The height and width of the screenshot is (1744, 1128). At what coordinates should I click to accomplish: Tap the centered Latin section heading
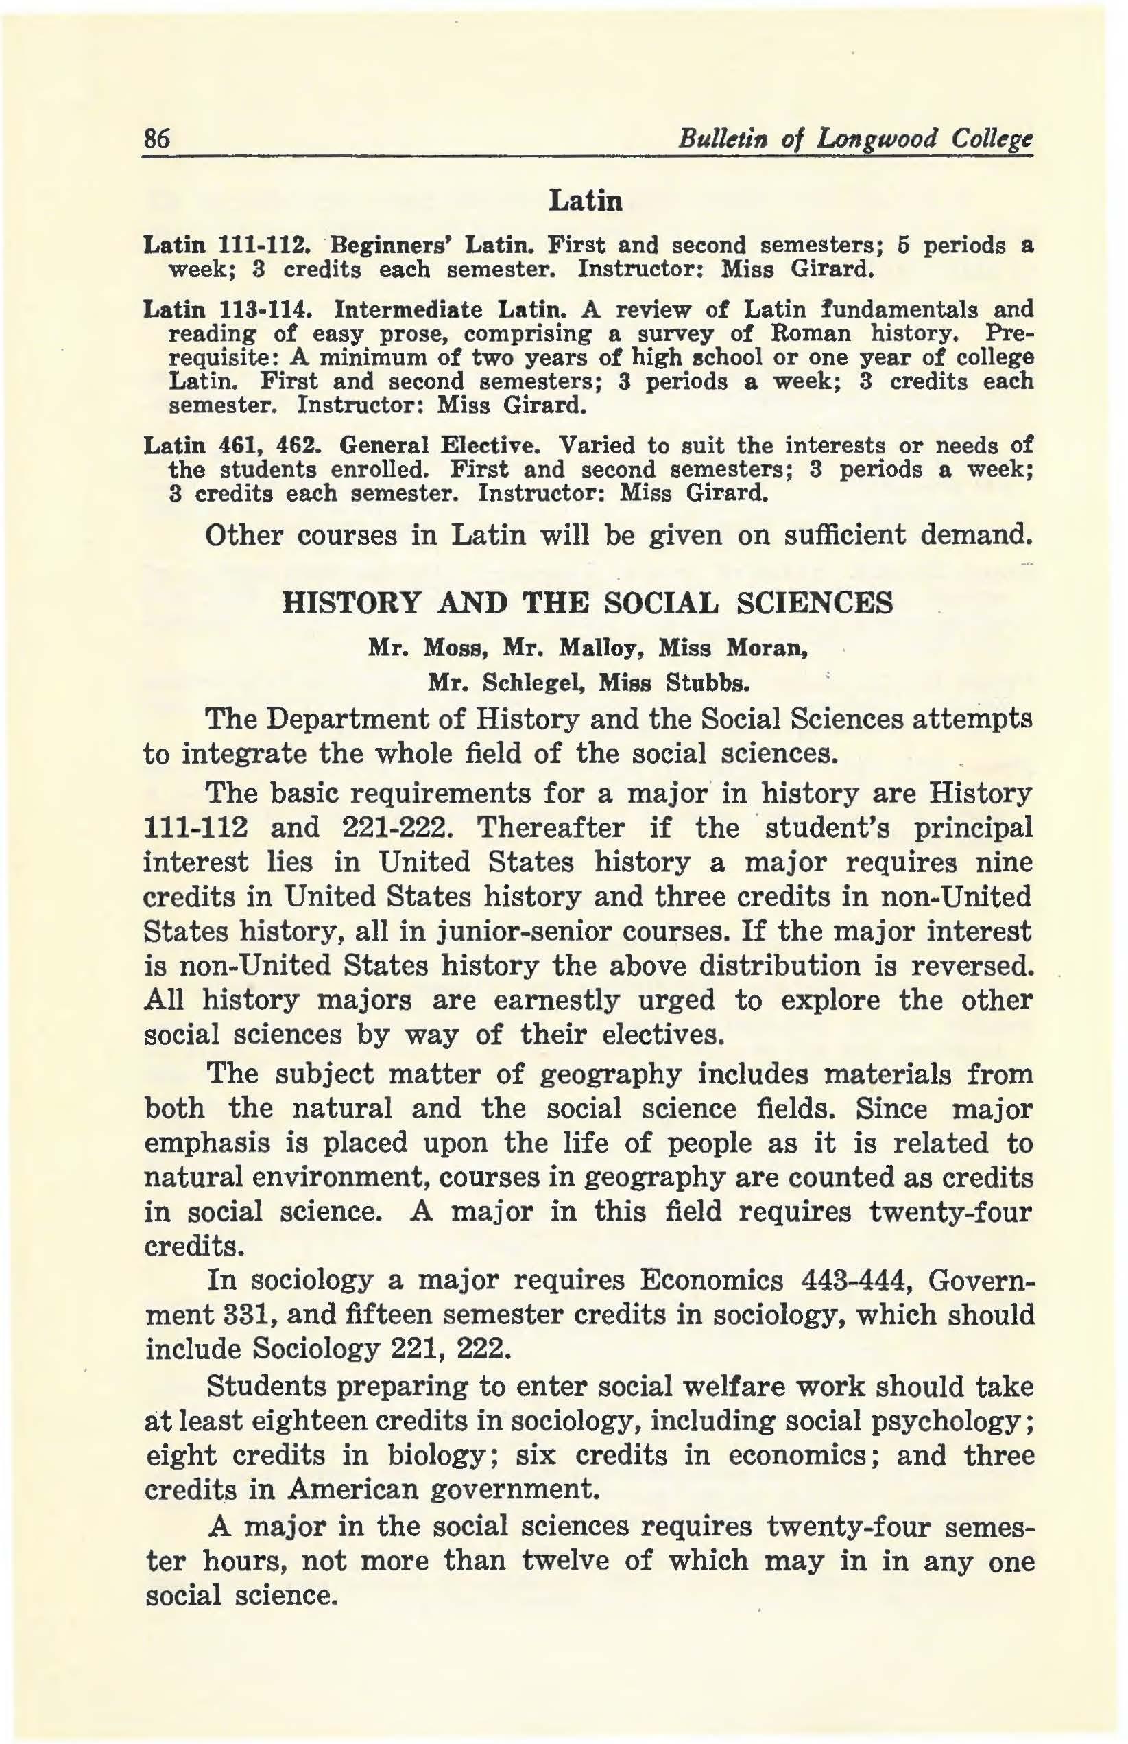(585, 200)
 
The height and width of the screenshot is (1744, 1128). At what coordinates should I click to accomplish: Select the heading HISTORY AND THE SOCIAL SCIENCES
(588, 603)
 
